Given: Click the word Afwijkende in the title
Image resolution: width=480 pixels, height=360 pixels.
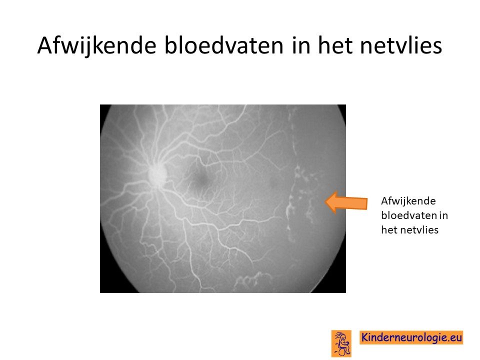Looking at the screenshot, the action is pos(96,46).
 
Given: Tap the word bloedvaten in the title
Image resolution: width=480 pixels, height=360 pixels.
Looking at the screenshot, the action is pos(224,45).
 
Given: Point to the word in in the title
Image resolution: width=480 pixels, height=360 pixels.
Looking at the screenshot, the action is pos(301,45).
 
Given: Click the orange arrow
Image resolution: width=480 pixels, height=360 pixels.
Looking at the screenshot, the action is pos(346,202).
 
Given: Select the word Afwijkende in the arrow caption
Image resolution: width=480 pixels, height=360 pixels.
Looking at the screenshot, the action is pos(408,201).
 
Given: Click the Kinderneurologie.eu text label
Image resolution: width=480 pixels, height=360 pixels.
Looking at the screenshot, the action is pos(411,337).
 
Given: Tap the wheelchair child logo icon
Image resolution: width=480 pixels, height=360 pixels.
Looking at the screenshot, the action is pos(341,343).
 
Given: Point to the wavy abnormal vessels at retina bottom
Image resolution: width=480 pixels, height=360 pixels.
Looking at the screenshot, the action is pos(253,279).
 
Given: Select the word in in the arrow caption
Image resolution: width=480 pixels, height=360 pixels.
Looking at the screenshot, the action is pos(444,215).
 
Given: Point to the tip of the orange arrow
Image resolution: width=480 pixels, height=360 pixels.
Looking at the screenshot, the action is pos(325,202).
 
